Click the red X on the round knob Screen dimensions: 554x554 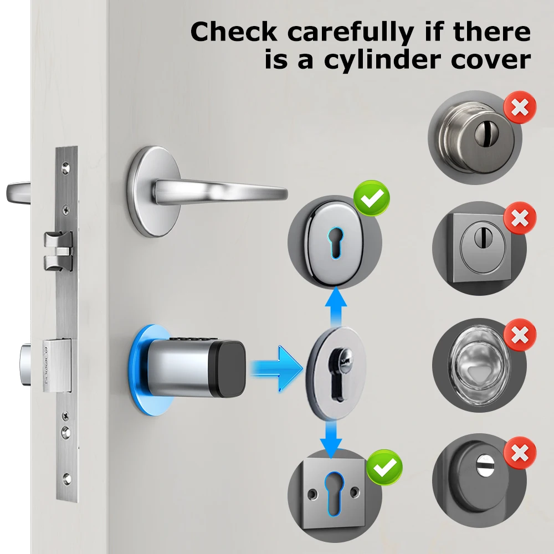click(519, 108)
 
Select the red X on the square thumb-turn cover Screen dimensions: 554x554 click(519, 218)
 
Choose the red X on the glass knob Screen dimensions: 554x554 click(519, 335)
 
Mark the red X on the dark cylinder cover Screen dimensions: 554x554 click(519, 453)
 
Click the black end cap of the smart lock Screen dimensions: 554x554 click(228, 370)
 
